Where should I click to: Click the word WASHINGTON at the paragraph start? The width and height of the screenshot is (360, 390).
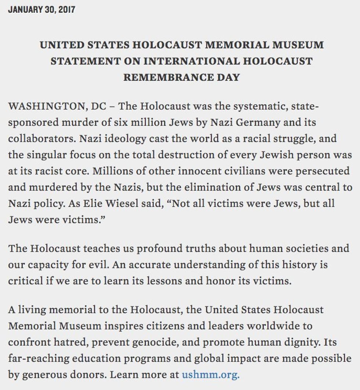(47, 107)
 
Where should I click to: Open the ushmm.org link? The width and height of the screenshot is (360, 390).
(210, 375)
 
